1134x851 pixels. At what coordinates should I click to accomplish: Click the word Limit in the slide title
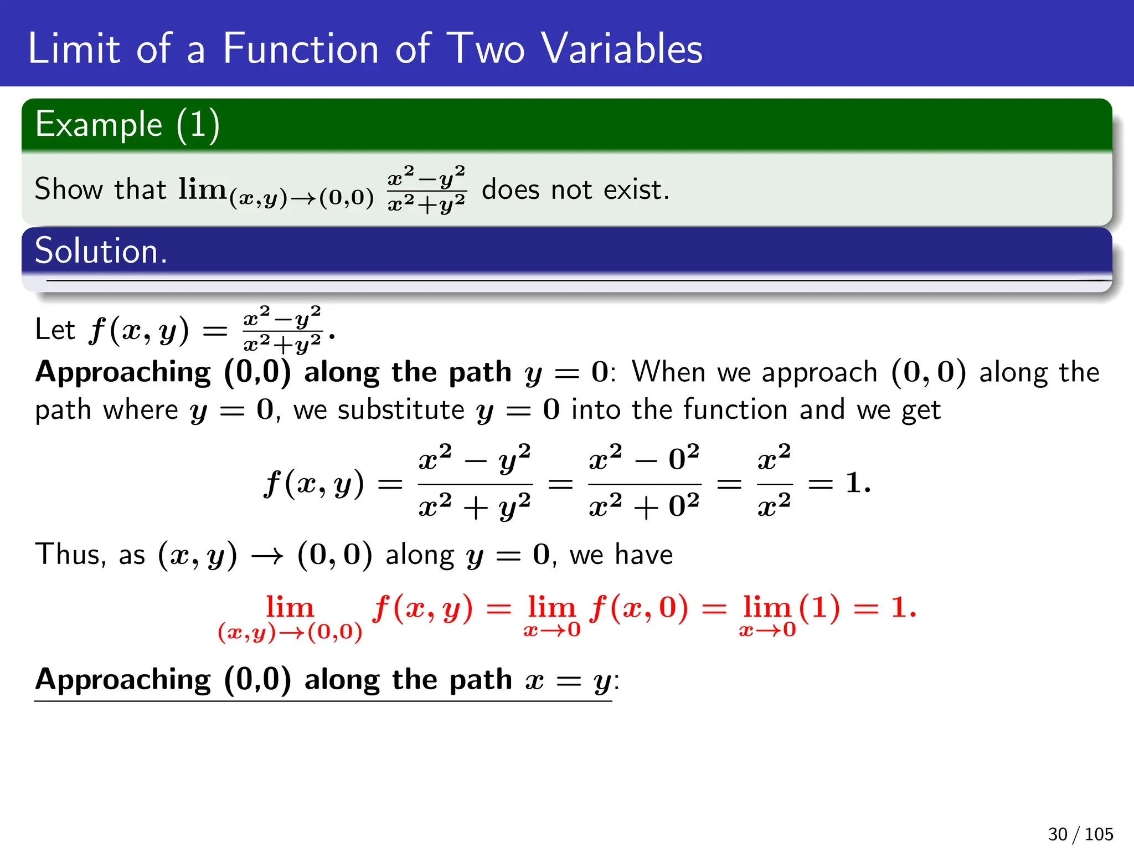coord(74,49)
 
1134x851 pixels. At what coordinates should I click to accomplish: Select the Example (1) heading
coord(127,124)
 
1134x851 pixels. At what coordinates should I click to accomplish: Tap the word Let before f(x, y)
coord(54,330)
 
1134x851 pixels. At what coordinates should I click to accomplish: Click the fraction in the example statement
coord(426,189)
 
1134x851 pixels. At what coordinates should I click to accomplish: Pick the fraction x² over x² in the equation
coord(774,483)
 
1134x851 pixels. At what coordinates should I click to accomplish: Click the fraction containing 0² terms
coord(644,483)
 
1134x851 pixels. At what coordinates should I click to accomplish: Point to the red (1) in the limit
coord(819,608)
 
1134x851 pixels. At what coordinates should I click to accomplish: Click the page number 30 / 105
coord(1080,834)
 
